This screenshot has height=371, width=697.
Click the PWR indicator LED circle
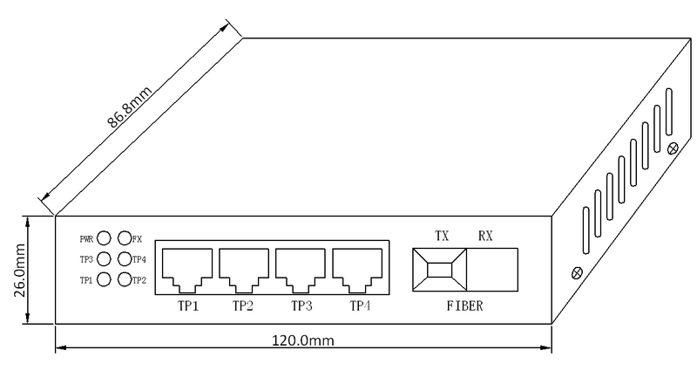[x=104, y=237]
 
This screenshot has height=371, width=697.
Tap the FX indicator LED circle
[x=124, y=237]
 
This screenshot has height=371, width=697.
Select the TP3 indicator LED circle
[x=104, y=258]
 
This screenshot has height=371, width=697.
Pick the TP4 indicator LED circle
[x=124, y=258]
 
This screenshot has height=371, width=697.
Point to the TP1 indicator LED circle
[x=104, y=279]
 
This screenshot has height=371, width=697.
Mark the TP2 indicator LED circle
[x=124, y=279]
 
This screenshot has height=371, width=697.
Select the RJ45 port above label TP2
[x=244, y=269]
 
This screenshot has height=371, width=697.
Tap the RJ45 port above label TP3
[x=301, y=269]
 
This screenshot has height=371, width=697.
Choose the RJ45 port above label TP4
[x=358, y=269]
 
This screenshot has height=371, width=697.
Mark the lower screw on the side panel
[x=575, y=273]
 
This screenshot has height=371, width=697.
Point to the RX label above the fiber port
[x=486, y=236]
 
